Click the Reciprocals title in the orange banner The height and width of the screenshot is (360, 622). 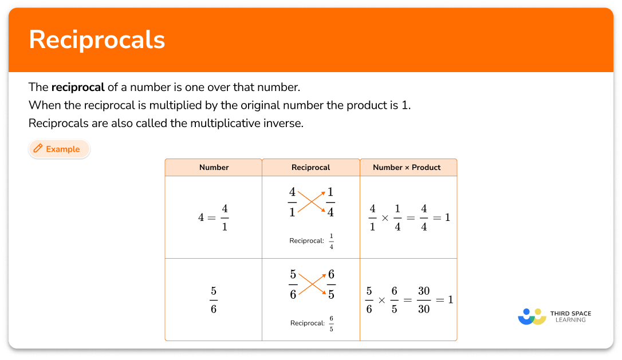[97, 39]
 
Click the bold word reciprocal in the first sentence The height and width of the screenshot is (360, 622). [78, 88]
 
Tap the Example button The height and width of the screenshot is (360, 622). [60, 149]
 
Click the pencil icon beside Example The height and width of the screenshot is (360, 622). [38, 149]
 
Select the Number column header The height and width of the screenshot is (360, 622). [214, 167]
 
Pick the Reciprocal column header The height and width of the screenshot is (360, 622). [310, 167]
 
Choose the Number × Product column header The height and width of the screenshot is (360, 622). [407, 167]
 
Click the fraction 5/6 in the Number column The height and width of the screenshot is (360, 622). [214, 299]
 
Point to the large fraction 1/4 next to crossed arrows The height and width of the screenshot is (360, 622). [330, 201]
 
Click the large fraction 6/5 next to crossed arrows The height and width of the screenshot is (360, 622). [330, 284]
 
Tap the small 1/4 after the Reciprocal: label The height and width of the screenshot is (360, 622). [331, 241]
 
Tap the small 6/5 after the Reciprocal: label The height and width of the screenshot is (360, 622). [331, 323]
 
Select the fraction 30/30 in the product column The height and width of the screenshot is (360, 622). [423, 299]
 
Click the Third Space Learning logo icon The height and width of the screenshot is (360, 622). [532, 317]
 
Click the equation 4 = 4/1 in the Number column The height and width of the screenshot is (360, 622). [214, 217]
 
